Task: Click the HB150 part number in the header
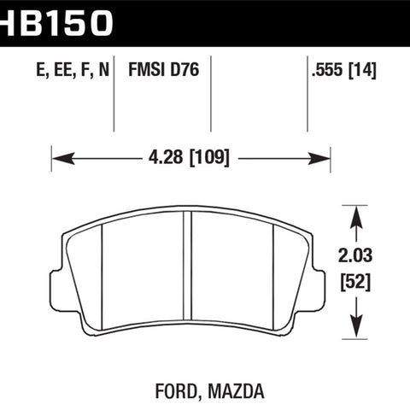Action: (x=56, y=23)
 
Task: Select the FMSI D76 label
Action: (x=164, y=70)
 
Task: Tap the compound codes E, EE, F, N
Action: (x=73, y=70)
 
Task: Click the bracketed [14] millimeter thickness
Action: (x=362, y=70)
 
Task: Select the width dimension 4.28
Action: (x=166, y=157)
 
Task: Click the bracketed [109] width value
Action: (x=209, y=157)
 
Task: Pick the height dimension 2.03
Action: (x=355, y=255)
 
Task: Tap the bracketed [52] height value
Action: (x=355, y=282)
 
